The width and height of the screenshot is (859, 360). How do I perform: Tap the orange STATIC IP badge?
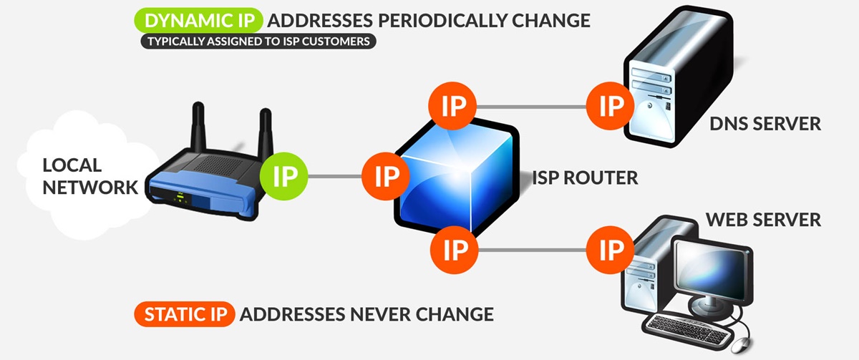point(184,314)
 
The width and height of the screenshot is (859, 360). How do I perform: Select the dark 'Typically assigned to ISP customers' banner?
point(258,42)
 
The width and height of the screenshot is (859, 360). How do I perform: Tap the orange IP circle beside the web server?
point(611,250)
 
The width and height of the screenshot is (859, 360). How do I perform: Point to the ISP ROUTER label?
point(585,177)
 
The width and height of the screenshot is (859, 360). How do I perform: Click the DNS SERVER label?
point(765,124)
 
